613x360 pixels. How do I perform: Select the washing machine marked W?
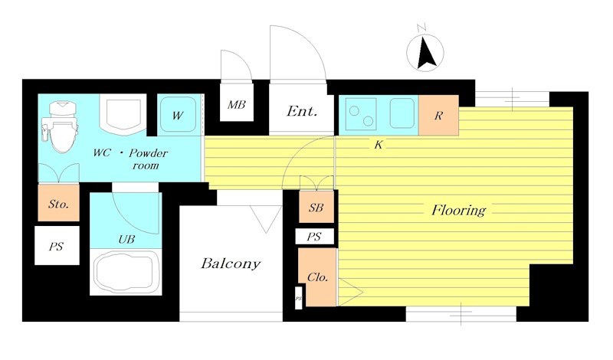(179, 115)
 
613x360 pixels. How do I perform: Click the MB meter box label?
(237, 105)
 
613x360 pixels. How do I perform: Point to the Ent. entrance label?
(301, 111)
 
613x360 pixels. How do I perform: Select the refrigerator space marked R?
(438, 115)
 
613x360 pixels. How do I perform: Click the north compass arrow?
(425, 53)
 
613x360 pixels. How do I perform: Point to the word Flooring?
(458, 211)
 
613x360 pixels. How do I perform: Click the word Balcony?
(231, 263)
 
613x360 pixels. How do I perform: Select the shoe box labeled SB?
(316, 207)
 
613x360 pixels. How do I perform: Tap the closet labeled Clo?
(317, 277)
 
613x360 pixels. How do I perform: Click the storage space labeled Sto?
(59, 203)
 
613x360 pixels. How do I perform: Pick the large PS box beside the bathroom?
(57, 245)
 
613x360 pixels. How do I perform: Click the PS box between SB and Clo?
(315, 237)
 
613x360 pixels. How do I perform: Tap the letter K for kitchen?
(378, 145)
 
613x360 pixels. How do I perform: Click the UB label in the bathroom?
(126, 239)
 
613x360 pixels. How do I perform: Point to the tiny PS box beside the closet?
(298, 298)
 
